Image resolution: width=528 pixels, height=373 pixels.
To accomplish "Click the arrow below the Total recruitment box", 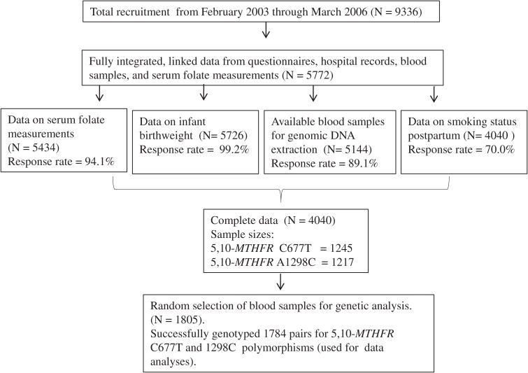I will (264, 31).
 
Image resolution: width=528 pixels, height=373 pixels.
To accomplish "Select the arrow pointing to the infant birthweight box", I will (204, 92).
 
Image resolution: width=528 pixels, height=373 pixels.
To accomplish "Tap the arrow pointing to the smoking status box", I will (434, 92).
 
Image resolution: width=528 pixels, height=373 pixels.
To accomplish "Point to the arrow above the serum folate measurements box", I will (99, 92).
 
